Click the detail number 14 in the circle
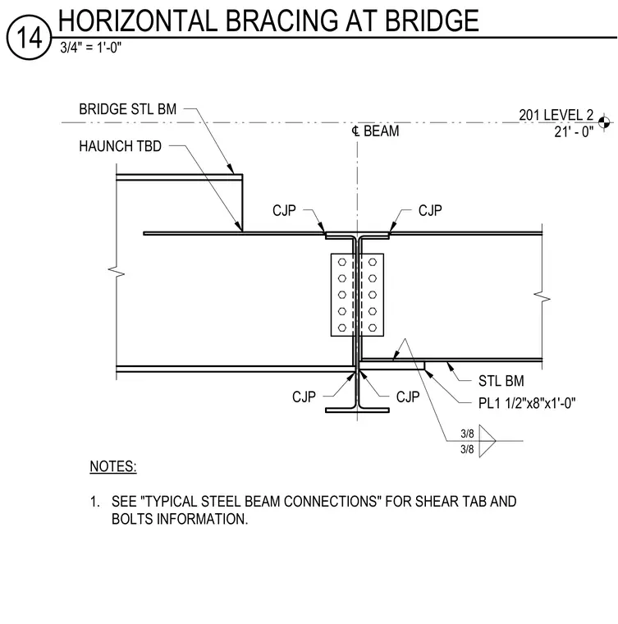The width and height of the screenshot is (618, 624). (29, 38)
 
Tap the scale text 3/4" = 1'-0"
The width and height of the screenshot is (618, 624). (90, 48)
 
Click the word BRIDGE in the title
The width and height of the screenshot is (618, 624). (432, 21)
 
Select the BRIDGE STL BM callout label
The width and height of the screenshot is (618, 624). (128, 109)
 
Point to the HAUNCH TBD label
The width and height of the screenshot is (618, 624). (120, 146)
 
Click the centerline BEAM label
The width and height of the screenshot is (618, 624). (375, 131)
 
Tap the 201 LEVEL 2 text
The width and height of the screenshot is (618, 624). (556, 115)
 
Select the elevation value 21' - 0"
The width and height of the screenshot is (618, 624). (574, 131)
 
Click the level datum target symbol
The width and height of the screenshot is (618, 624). (604, 122)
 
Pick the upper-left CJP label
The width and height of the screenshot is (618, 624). (284, 210)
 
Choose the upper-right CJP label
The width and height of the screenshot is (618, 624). (430, 210)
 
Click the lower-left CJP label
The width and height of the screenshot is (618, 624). (304, 397)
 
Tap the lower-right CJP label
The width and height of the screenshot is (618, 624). (408, 397)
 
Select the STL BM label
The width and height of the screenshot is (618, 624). (501, 381)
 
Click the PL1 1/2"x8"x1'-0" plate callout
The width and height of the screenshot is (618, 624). (527, 403)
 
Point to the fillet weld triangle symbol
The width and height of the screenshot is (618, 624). (488, 441)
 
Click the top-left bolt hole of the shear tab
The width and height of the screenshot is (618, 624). (342, 262)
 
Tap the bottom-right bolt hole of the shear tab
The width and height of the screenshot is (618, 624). (373, 328)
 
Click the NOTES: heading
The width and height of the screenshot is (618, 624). (113, 466)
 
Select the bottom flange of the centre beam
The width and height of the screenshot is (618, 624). (357, 411)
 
